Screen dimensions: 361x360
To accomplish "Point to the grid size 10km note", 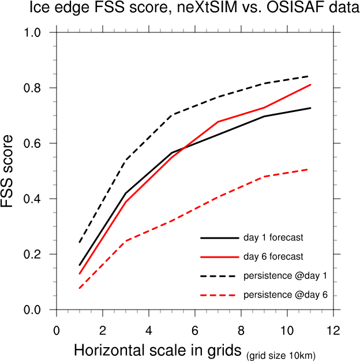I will (282, 354).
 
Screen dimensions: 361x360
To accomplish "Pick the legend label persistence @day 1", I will (286, 276).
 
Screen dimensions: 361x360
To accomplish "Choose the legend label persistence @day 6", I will (286, 295).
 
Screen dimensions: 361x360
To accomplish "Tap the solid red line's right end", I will (310, 85).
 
